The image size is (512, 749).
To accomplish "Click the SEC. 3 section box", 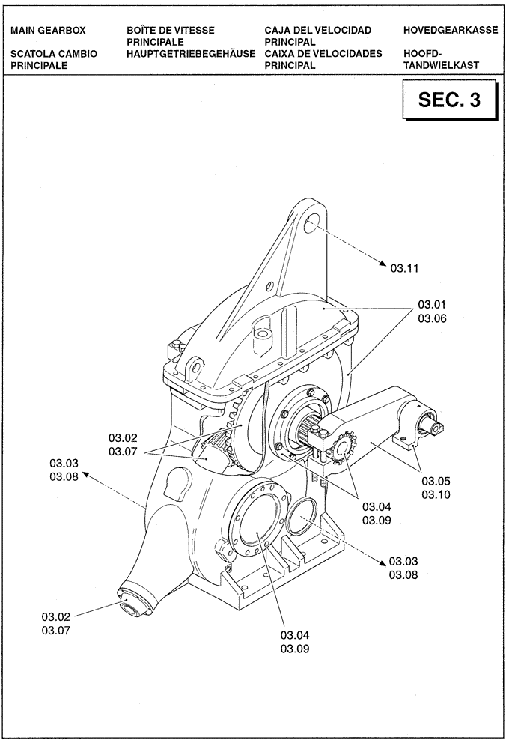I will point(449,100).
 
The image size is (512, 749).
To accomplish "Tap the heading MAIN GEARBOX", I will point(49,30).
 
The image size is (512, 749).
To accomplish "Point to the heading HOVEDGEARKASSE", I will point(450,30).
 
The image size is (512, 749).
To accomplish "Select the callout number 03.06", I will point(432,318).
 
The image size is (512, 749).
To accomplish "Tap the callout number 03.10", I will point(436,494).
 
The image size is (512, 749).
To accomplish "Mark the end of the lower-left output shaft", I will point(132,607).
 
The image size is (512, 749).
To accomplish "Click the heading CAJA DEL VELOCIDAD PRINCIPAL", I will point(317,35).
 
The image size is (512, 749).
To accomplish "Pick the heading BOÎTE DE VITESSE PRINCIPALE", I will point(171,35).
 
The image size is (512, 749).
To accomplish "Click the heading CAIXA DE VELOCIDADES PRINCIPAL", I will point(323,59).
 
